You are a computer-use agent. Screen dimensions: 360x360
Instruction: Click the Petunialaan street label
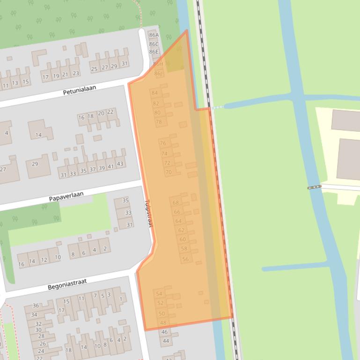coord(79,90)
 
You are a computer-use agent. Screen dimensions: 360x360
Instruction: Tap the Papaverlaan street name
coord(66,196)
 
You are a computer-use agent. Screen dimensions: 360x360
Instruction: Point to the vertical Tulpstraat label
coord(148,213)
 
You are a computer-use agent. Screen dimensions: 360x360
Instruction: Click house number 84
coord(155,93)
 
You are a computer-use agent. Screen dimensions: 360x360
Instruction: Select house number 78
coord(158,122)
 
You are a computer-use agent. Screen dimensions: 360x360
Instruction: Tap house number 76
coord(162,144)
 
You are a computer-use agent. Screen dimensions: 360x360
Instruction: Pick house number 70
coord(169,172)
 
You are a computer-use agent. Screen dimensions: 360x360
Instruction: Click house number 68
coord(176,203)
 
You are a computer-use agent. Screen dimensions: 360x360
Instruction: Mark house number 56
coord(185,259)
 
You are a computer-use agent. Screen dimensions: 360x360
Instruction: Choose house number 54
coord(159,294)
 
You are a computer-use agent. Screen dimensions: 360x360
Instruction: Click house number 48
coord(163,323)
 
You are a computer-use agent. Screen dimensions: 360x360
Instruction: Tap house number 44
coord(166,341)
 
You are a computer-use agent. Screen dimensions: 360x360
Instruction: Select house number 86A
coord(154,35)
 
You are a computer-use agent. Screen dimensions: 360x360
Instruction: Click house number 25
coord(94,69)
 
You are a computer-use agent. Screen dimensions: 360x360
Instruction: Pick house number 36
coord(36,306)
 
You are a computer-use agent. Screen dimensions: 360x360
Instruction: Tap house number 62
coord(181,230)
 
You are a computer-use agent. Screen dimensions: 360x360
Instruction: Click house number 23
coord(75,73)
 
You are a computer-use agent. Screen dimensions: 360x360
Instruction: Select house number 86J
coord(158,73)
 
